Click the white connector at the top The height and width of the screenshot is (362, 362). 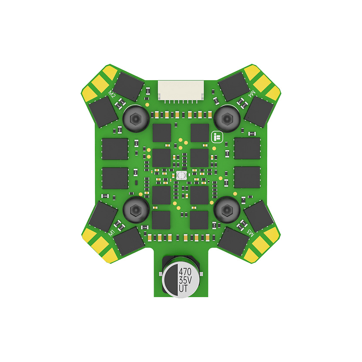(181, 91)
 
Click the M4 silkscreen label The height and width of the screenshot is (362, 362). (251, 94)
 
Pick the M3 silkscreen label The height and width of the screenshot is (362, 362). (251, 231)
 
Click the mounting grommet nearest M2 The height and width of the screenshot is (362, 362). (135, 117)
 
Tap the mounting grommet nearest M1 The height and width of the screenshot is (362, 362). (135, 210)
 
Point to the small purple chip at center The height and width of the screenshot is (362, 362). (181, 175)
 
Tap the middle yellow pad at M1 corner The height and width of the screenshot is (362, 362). (100, 244)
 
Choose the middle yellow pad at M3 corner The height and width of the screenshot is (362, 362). (262, 244)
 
